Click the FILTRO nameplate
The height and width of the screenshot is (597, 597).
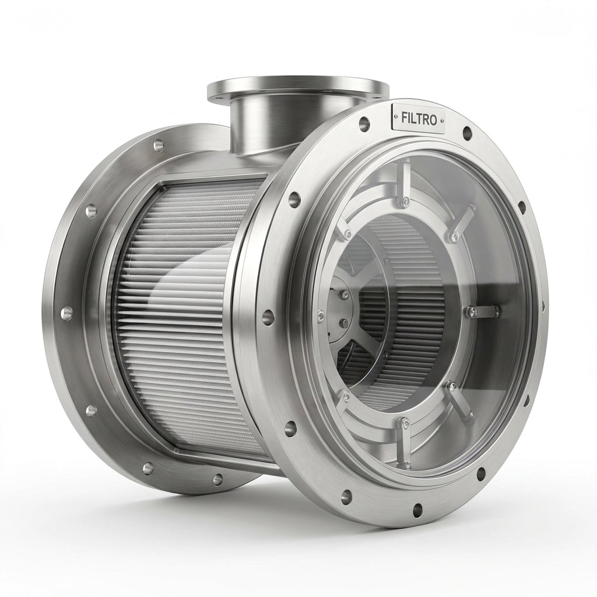418,119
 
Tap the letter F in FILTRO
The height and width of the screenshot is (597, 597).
405,118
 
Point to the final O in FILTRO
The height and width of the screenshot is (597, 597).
432,120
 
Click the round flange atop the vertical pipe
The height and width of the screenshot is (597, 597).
298,89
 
